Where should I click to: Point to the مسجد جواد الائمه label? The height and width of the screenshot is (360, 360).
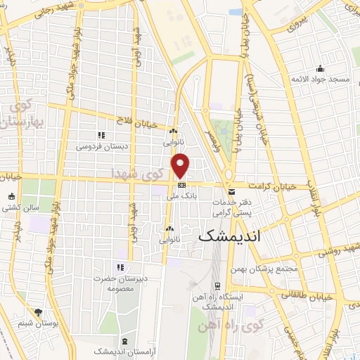pyautogui.click(x=322, y=79)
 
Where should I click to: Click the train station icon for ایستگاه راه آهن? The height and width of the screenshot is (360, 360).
pyautogui.click(x=218, y=286)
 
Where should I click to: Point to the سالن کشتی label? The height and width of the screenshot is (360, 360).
pyautogui.click(x=19, y=208)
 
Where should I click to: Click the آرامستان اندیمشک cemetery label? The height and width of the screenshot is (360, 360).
pyautogui.click(x=120, y=351)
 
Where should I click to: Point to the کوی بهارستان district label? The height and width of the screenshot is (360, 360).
pyautogui.click(x=23, y=116)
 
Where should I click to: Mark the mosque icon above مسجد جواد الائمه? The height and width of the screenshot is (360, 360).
pyautogui.click(x=321, y=68)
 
